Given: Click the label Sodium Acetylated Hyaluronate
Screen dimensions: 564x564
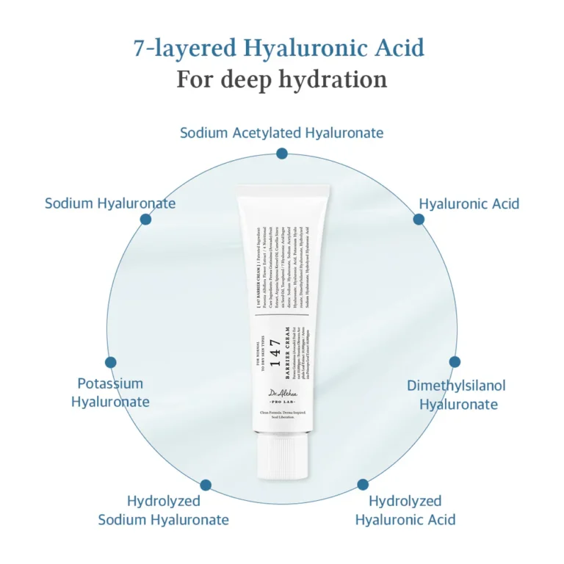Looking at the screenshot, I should click(x=282, y=133).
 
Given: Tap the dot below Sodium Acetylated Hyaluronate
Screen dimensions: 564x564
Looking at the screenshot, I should click(x=282, y=153).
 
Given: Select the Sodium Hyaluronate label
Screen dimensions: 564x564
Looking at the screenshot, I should click(x=110, y=203).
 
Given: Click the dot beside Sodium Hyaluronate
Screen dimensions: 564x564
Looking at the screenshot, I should click(x=145, y=219).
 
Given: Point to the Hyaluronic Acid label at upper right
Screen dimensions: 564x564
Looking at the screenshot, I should click(x=469, y=203).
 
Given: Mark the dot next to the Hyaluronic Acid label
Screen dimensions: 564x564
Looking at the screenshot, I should click(x=419, y=219).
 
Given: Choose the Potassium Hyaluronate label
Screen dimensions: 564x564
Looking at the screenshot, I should click(x=110, y=392).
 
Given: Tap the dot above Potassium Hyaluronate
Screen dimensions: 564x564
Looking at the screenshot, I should click(x=111, y=362).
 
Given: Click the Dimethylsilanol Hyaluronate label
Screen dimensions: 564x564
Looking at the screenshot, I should click(x=457, y=394).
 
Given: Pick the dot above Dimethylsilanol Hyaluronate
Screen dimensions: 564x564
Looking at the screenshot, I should click(x=455, y=361).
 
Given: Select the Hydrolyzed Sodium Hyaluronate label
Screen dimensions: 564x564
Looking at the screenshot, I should click(x=164, y=510).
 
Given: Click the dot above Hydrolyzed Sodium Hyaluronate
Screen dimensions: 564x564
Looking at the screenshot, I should click(x=206, y=485).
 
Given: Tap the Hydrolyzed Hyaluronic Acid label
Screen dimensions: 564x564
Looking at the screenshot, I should click(x=405, y=510).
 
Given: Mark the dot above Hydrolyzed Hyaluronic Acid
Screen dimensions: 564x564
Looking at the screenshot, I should click(x=362, y=485).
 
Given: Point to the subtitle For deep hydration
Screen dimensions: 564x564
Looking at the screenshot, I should click(x=282, y=79).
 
